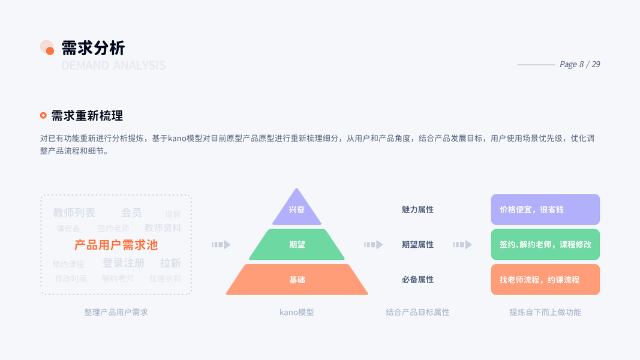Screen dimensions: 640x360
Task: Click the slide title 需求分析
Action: [x=93, y=48]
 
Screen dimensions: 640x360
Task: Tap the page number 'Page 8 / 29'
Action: [x=579, y=64]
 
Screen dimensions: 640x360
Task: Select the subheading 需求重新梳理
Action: [x=87, y=116]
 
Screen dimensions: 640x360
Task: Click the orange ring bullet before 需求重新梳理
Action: [x=43, y=115]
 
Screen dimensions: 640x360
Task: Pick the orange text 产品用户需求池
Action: [x=116, y=245]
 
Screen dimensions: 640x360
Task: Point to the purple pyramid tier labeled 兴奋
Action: [x=297, y=210]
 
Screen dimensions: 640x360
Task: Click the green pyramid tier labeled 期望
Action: [x=297, y=245]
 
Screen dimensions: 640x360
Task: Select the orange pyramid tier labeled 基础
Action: [x=297, y=280]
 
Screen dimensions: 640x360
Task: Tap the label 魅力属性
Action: [x=417, y=210]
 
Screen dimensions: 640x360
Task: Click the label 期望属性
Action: [x=417, y=245]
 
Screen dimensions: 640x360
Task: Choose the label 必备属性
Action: [x=417, y=280]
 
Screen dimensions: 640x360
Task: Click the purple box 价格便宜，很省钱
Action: [x=545, y=210]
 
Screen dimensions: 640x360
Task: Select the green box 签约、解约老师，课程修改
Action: [x=545, y=245]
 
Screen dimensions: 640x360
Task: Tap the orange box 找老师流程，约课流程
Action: [x=545, y=280]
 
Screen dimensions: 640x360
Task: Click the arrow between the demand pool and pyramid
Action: [x=221, y=245]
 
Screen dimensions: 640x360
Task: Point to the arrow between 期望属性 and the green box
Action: [x=462, y=245]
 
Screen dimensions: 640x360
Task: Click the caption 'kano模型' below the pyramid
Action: [x=297, y=312]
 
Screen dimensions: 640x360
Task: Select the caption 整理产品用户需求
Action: [x=116, y=312]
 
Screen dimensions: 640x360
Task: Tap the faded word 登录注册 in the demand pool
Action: [x=124, y=263]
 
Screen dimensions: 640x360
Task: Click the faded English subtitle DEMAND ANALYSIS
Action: [x=113, y=65]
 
